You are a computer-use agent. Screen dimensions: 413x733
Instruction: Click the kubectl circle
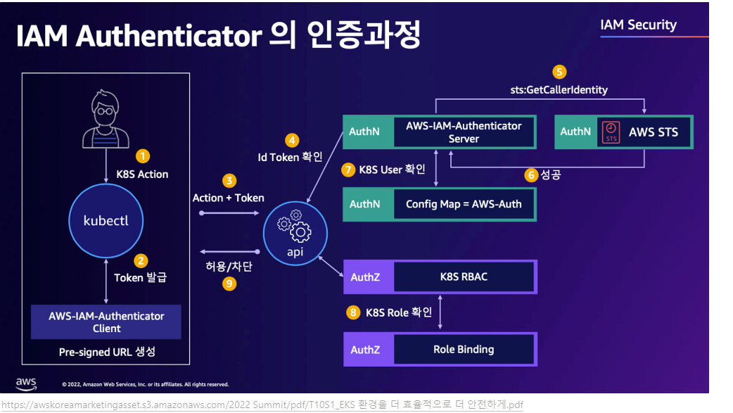point(106,221)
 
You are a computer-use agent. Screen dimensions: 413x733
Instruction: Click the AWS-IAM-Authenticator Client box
point(106,322)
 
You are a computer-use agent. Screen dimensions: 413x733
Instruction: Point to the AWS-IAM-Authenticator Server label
point(464,132)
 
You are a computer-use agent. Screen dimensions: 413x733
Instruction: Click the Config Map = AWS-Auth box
point(464,204)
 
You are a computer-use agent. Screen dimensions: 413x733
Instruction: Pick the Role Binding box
point(464,349)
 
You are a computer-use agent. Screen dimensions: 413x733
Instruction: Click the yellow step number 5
point(559,71)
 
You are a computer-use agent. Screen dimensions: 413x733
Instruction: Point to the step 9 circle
point(229,284)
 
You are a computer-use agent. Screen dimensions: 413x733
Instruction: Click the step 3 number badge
point(229,181)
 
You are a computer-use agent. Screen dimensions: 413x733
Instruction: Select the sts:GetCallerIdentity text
point(559,89)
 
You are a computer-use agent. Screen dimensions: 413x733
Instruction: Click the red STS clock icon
point(611,132)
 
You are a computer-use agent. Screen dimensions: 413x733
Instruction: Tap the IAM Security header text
point(638,25)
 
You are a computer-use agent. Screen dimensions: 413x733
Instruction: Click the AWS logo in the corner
point(26,383)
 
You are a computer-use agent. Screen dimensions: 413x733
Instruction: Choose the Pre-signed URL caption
point(106,352)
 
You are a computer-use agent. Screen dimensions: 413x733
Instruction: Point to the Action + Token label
point(229,198)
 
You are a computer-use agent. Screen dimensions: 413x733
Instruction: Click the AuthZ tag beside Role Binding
point(365,349)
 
